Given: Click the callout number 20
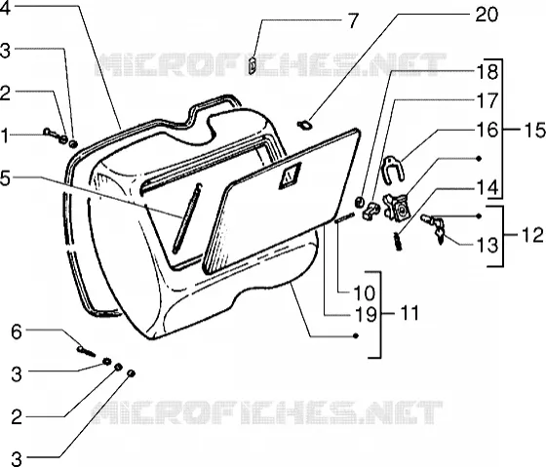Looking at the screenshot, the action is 487,15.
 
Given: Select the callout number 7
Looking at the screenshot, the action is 353,21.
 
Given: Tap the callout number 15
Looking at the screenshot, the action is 533,131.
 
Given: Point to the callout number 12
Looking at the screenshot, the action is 532,235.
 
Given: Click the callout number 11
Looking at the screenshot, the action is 406,313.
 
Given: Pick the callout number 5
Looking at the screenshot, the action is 6,178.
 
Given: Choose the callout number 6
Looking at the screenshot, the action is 17,331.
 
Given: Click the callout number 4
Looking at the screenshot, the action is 5,8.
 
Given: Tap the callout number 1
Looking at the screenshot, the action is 4,136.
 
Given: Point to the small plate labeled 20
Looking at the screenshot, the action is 304,125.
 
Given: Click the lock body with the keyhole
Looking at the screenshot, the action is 397,208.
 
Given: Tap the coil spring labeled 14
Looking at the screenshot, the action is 398,241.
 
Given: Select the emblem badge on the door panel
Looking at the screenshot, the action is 290,176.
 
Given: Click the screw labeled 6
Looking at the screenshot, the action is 86,351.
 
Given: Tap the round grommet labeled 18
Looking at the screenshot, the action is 359,202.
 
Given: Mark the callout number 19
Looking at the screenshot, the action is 366,314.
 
